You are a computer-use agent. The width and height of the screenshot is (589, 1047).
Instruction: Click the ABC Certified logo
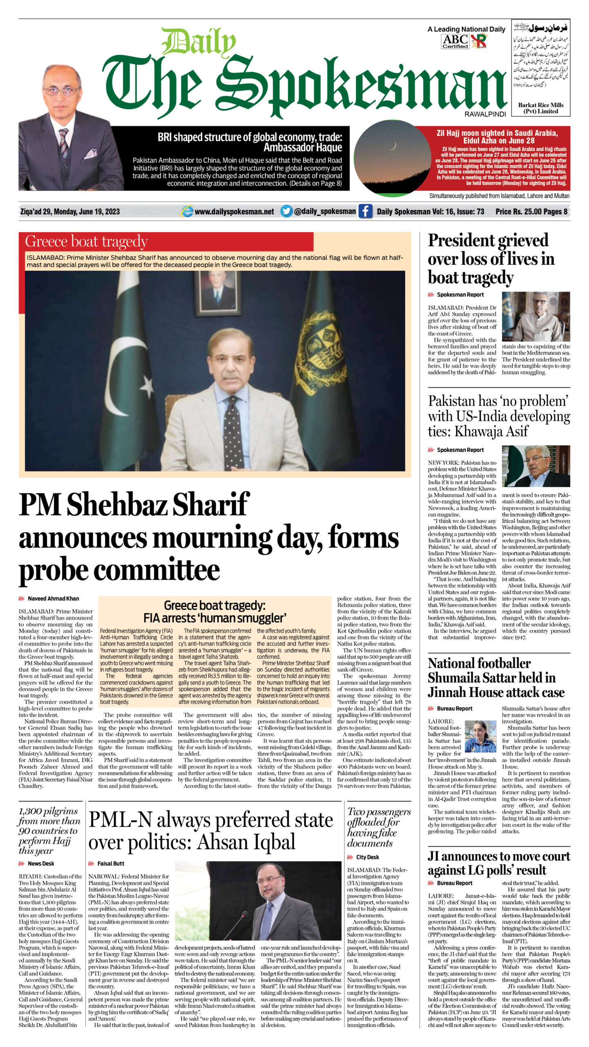coord(455,41)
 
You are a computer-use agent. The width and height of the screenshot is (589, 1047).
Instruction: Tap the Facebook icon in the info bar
coord(365,211)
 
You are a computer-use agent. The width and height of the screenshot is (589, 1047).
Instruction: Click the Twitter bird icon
coord(286,211)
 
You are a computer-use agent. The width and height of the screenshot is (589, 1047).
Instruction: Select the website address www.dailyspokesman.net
coord(234,211)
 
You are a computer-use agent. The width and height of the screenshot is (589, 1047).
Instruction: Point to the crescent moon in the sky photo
coord(393,145)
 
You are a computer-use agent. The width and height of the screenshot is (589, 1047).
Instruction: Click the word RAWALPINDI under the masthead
coord(485,114)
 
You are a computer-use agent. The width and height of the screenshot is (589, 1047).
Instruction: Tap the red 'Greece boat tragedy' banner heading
coord(86,242)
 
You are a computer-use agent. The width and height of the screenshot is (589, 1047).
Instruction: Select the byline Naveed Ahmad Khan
coord(53,598)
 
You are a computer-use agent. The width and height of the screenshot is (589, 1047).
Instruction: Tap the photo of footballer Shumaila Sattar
coord(480,736)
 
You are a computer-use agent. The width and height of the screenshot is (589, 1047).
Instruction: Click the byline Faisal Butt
coord(110,863)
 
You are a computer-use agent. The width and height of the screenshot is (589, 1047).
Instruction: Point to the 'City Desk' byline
coord(367,857)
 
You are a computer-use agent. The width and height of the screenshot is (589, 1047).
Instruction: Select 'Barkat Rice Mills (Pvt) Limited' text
coord(540,108)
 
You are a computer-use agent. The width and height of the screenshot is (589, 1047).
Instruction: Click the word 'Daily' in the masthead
coord(199,42)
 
